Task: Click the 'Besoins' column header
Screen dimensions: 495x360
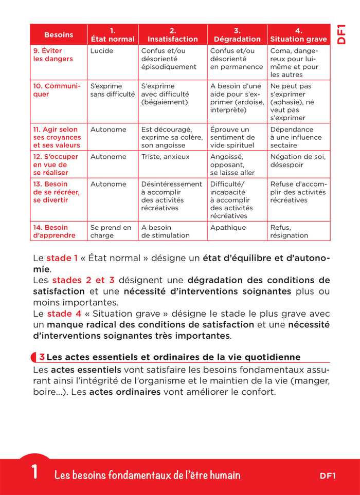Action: point(58,35)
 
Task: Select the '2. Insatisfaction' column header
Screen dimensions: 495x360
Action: point(173,35)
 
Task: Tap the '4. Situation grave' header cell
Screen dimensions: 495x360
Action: point(298,35)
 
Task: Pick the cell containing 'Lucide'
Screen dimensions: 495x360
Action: point(102,51)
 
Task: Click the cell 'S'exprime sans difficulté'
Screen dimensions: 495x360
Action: point(112,90)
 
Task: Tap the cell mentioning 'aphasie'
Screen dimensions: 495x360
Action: point(292,102)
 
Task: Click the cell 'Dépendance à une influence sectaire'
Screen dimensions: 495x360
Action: point(296,137)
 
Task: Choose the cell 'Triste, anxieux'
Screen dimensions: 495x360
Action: point(165,157)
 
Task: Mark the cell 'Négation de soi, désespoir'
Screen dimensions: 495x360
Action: point(298,161)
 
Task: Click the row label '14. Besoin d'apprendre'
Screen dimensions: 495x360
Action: point(54,231)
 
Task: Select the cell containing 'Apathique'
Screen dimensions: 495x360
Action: point(228,228)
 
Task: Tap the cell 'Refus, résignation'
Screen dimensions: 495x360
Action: point(289,231)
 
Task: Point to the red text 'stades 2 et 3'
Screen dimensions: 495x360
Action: point(83,280)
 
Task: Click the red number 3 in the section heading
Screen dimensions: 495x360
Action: point(42,357)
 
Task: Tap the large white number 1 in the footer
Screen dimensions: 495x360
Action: point(34,472)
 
